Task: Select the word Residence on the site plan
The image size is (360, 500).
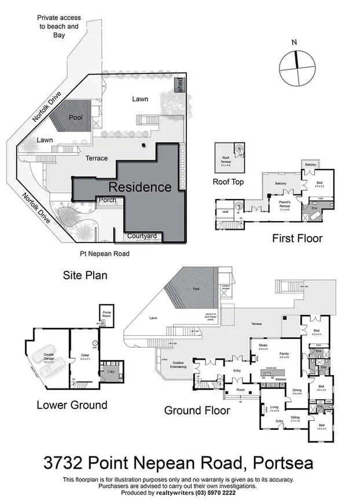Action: tap(140, 187)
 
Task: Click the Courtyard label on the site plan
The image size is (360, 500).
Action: tap(142, 236)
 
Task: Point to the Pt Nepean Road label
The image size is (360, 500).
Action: tap(104, 253)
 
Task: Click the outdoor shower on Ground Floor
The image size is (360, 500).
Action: tap(226, 288)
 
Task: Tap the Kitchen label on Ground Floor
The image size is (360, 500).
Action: tap(281, 378)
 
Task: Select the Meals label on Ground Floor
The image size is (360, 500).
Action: tap(263, 347)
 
